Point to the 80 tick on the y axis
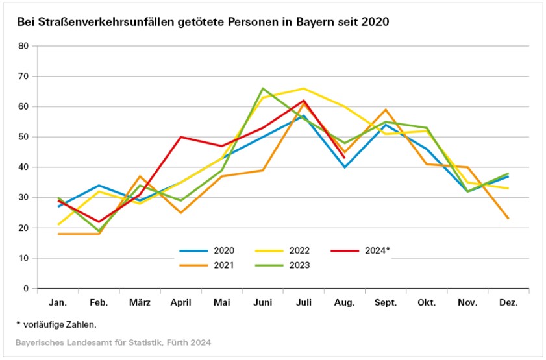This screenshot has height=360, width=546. point(24,46)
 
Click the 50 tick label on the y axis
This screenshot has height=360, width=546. point(24,137)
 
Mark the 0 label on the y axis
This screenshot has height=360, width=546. point(27,288)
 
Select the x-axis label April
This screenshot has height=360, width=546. point(180,303)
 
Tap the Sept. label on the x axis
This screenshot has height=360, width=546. point(386,303)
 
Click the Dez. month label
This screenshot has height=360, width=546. point(508,303)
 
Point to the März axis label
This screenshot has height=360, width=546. point(139,303)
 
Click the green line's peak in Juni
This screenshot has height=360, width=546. point(263,88)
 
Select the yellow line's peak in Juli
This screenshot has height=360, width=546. point(303,88)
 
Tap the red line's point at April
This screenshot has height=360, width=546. point(181,137)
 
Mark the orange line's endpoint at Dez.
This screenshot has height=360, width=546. point(508,219)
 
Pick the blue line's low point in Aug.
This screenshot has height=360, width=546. point(344,167)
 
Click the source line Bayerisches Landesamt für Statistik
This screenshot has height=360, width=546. point(114,342)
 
